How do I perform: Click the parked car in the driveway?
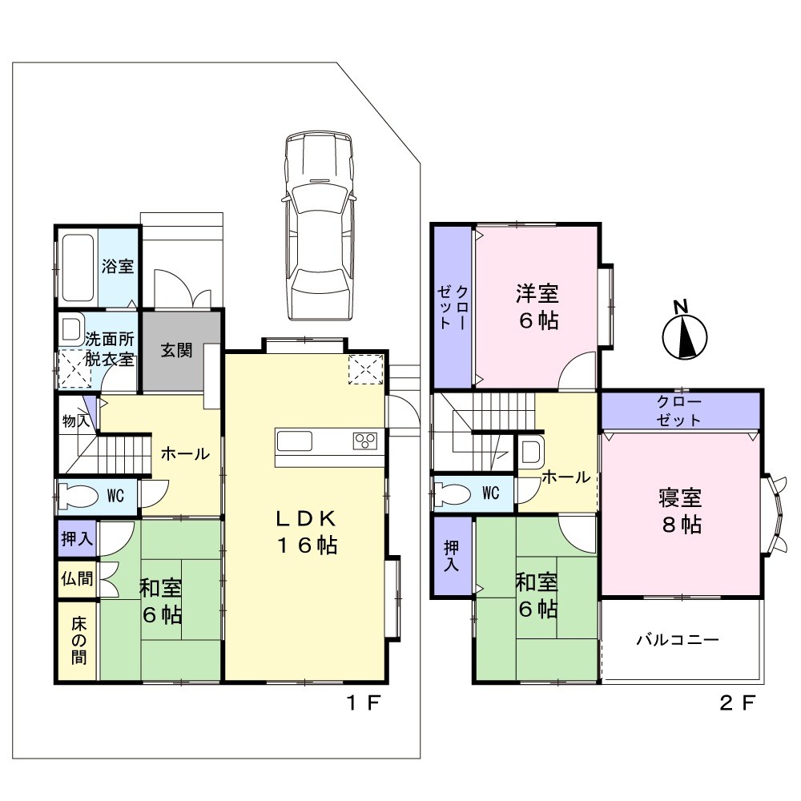(x=320, y=226)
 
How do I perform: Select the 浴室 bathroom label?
(x=118, y=266)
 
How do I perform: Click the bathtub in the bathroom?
(x=78, y=268)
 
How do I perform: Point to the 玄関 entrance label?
(x=176, y=350)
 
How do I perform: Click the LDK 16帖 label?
(x=307, y=533)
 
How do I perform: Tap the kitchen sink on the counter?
(x=295, y=441)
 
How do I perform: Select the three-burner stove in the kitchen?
(x=365, y=441)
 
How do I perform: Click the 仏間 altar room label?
(x=77, y=579)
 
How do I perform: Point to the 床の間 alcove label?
(x=78, y=640)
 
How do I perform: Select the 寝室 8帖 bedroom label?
(x=681, y=511)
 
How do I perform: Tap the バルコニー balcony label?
(x=678, y=639)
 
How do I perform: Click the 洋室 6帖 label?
(x=537, y=307)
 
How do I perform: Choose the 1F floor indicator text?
(x=363, y=703)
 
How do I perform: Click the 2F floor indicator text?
(x=737, y=703)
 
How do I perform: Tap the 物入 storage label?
(x=76, y=421)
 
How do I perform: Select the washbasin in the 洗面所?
(x=72, y=329)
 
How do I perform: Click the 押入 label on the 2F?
(x=452, y=556)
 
